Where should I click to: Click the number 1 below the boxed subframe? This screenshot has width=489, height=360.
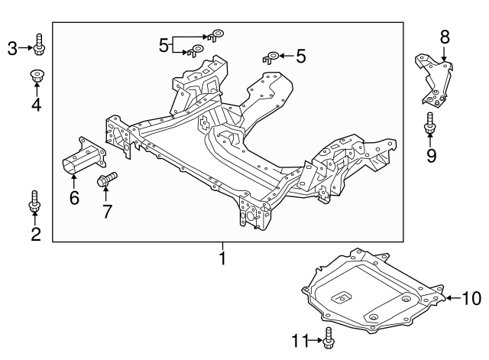[222, 259]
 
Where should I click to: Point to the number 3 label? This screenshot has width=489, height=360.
[12, 49]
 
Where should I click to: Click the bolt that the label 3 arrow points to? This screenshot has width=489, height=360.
[39, 47]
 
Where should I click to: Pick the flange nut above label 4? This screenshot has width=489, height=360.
[36, 76]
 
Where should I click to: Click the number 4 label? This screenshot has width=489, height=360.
[36, 104]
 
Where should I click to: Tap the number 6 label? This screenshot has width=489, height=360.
[73, 199]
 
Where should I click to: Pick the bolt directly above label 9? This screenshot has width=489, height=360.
[430, 125]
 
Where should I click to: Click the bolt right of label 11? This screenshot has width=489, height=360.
[329, 339]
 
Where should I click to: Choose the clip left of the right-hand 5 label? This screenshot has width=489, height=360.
[271, 56]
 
